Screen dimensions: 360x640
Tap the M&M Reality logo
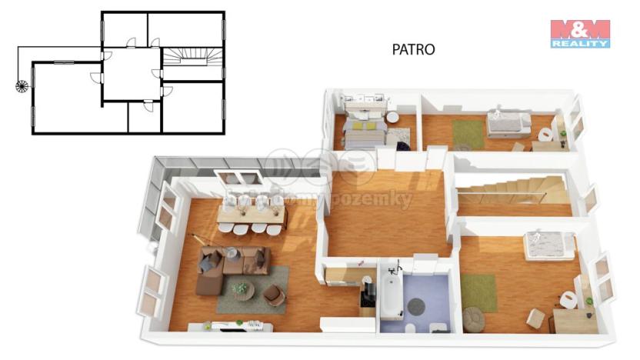point(580,34)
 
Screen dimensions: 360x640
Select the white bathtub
point(391,295)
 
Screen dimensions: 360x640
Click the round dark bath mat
point(416,305)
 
